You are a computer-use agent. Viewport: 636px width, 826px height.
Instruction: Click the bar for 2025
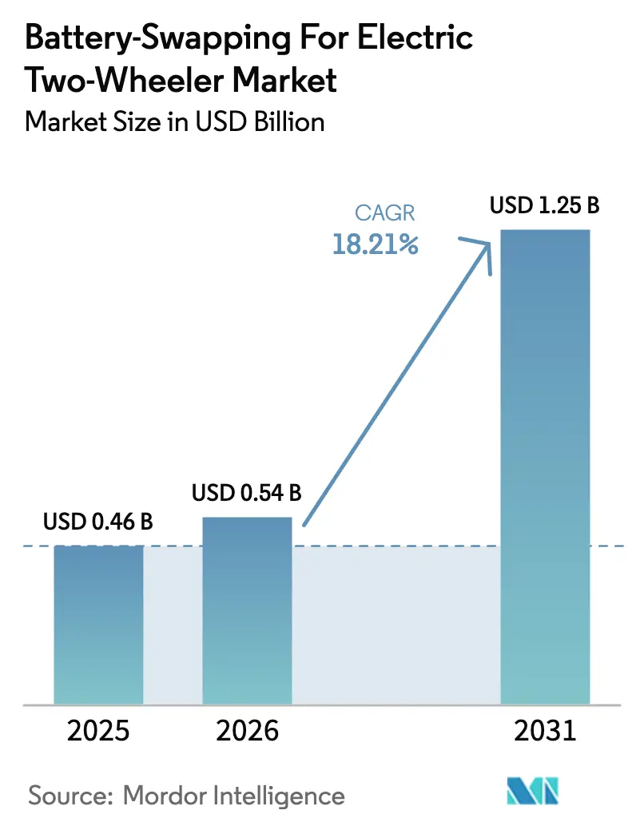point(98,624)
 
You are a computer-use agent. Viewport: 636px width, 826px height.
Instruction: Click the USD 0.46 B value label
point(98,522)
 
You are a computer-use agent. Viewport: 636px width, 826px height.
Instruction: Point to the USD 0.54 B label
point(247,493)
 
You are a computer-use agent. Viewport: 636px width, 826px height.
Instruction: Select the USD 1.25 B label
point(545,206)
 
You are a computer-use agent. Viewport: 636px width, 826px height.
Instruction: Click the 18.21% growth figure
point(376,244)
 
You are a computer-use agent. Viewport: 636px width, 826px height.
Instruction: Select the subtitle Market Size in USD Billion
point(175,121)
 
